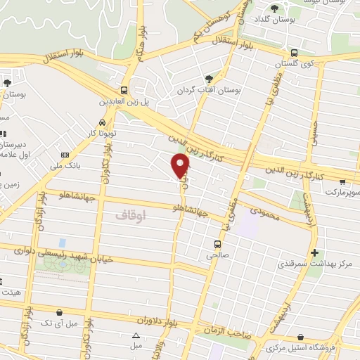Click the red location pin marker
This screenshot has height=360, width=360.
click(x=181, y=165)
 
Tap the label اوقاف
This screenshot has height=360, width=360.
click(x=131, y=214)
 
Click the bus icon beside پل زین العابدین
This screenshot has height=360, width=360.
click(x=124, y=90)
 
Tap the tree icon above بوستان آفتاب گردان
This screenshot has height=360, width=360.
click(x=208, y=79)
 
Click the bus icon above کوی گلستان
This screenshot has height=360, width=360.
click(x=294, y=52)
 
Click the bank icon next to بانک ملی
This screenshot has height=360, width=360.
click(x=65, y=155)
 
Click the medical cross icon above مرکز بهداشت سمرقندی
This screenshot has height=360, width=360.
click(x=314, y=252)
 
